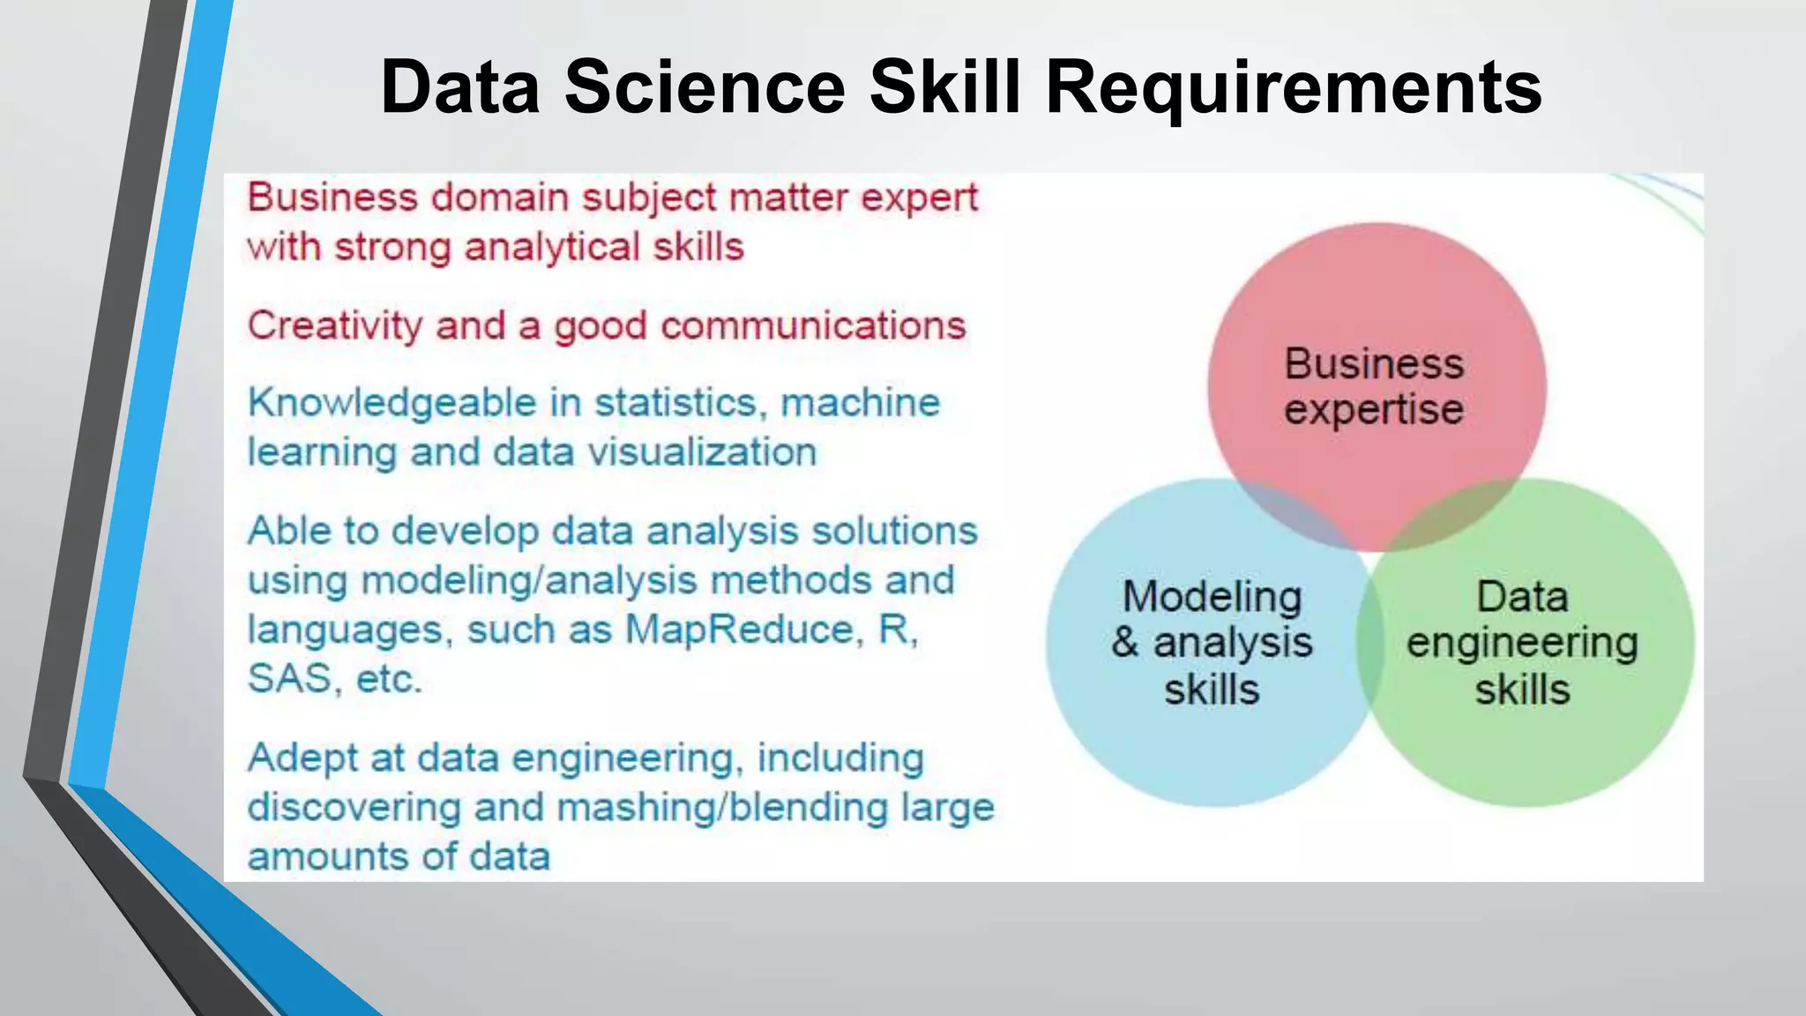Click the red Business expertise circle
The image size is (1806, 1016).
[x=1376, y=309]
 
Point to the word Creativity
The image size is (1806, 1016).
[x=334, y=326]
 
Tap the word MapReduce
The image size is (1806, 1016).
[x=739, y=630]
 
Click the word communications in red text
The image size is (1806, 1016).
[x=813, y=326]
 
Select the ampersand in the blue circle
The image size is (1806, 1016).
[x=1125, y=642]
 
